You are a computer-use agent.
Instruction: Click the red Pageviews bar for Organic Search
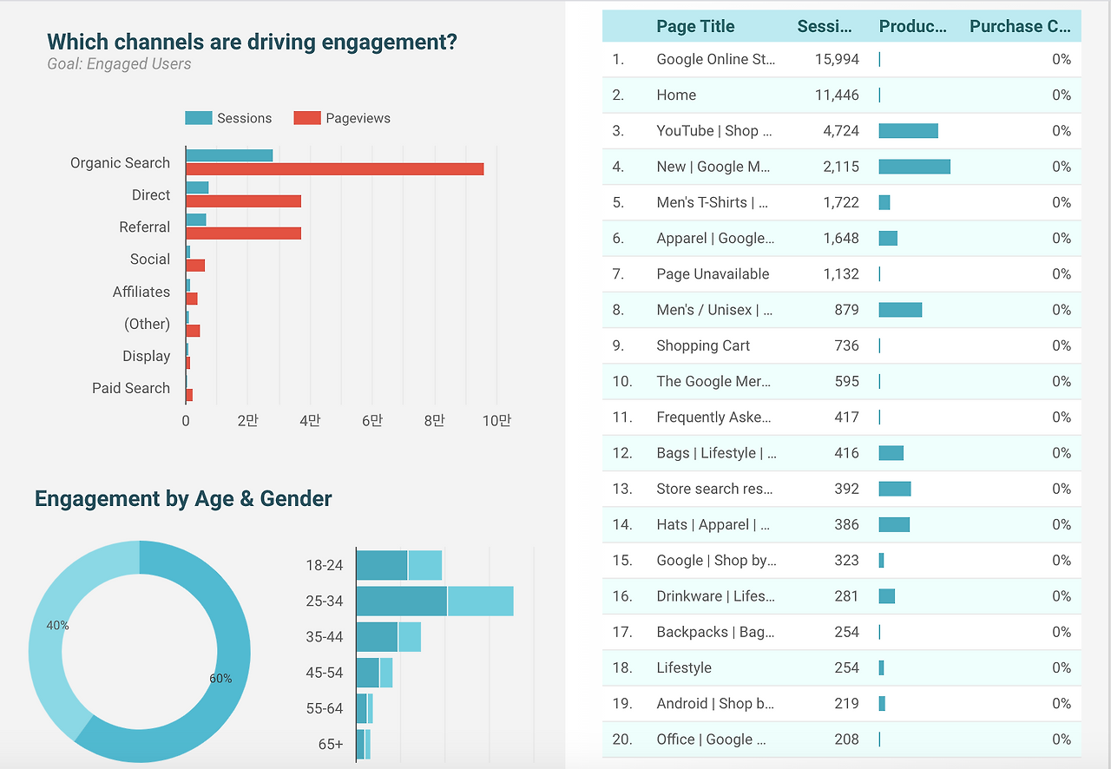(334, 169)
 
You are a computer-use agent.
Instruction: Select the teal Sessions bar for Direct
(197, 187)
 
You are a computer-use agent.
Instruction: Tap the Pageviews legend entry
(358, 118)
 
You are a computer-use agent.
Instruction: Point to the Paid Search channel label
(131, 388)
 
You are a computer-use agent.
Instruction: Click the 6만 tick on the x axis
(371, 421)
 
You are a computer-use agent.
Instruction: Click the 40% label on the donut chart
(57, 625)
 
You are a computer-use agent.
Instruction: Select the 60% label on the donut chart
(220, 679)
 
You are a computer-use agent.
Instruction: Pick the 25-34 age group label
(324, 601)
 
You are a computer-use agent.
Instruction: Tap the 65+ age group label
(330, 744)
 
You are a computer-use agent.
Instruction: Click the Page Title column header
(695, 26)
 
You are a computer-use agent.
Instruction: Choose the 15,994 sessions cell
(837, 59)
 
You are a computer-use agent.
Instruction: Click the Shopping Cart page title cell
(703, 345)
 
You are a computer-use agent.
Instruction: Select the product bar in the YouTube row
(908, 131)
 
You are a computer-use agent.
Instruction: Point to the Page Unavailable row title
(713, 274)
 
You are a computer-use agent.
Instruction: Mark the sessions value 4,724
(841, 131)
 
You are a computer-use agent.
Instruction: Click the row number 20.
(621, 739)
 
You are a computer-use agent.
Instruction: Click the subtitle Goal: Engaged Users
(119, 64)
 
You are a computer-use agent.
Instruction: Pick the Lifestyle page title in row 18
(684, 667)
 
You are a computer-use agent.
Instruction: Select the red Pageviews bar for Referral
(243, 233)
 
